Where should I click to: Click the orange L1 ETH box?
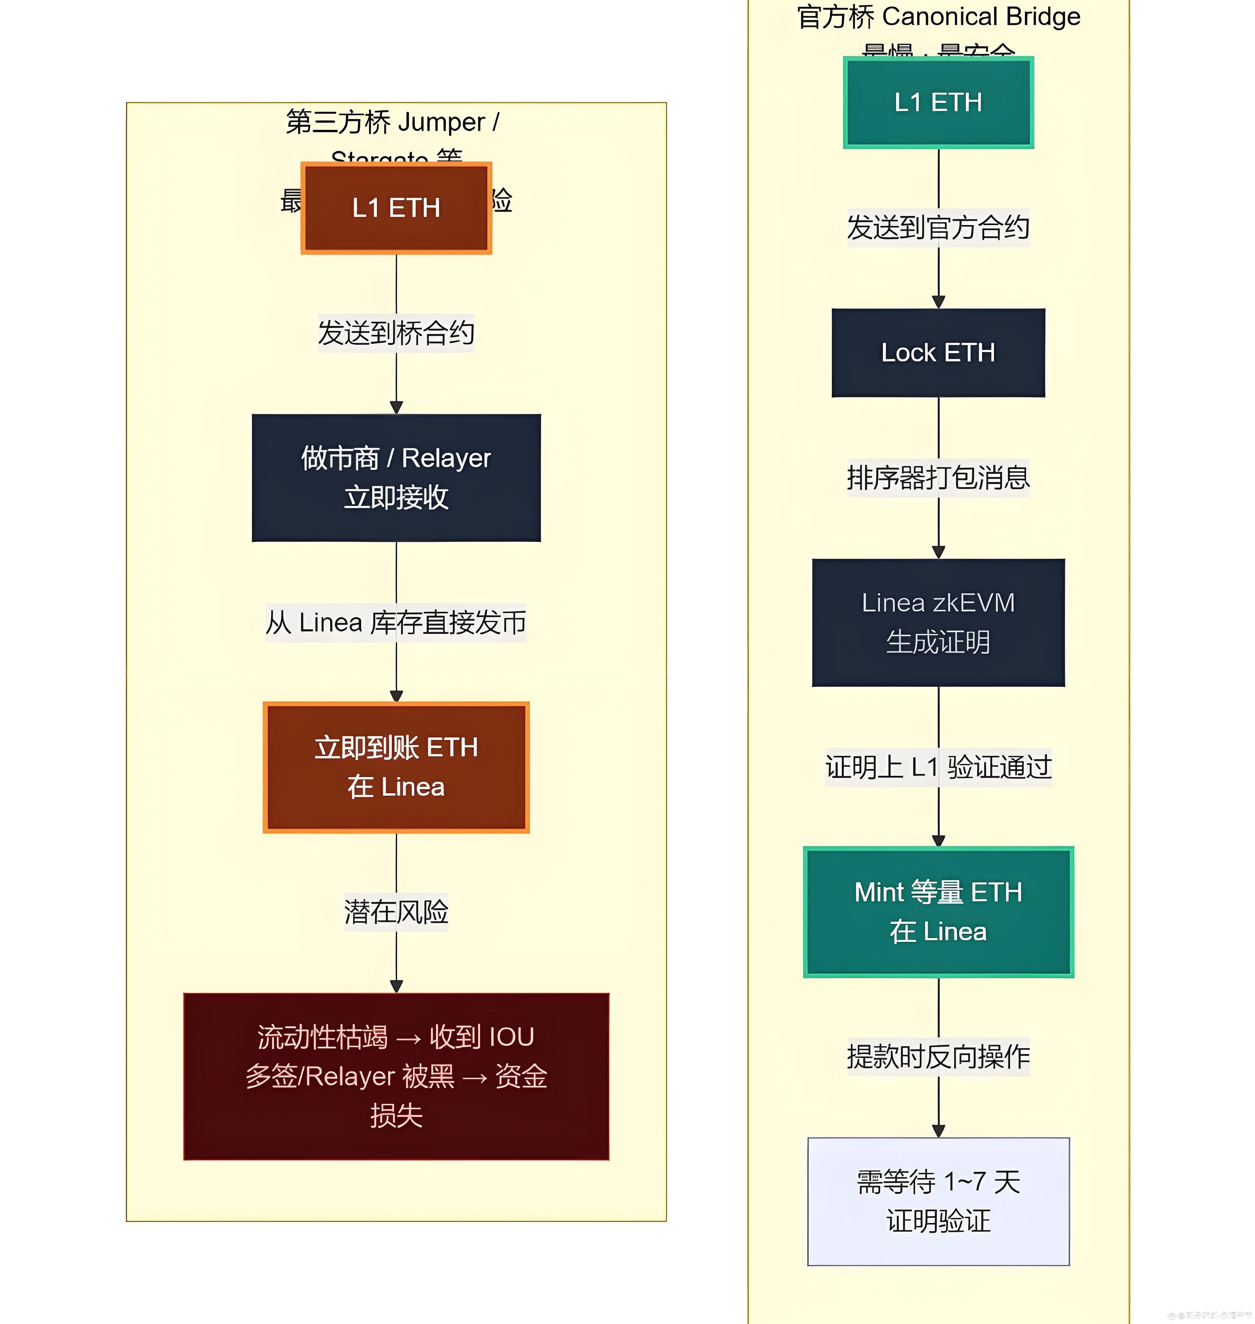[x=396, y=208]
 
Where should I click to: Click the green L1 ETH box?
[x=938, y=102]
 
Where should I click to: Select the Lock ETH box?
[x=938, y=353]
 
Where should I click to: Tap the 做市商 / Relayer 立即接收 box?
[x=396, y=478]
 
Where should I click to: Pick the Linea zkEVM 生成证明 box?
[x=938, y=622]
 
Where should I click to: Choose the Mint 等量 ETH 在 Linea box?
[x=938, y=912]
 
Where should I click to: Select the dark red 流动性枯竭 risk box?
[x=396, y=1076]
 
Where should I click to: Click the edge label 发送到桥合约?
[x=396, y=333]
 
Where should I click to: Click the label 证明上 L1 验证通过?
[x=938, y=767]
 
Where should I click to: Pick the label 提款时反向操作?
[x=938, y=1057]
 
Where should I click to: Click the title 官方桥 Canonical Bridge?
[x=938, y=17]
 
